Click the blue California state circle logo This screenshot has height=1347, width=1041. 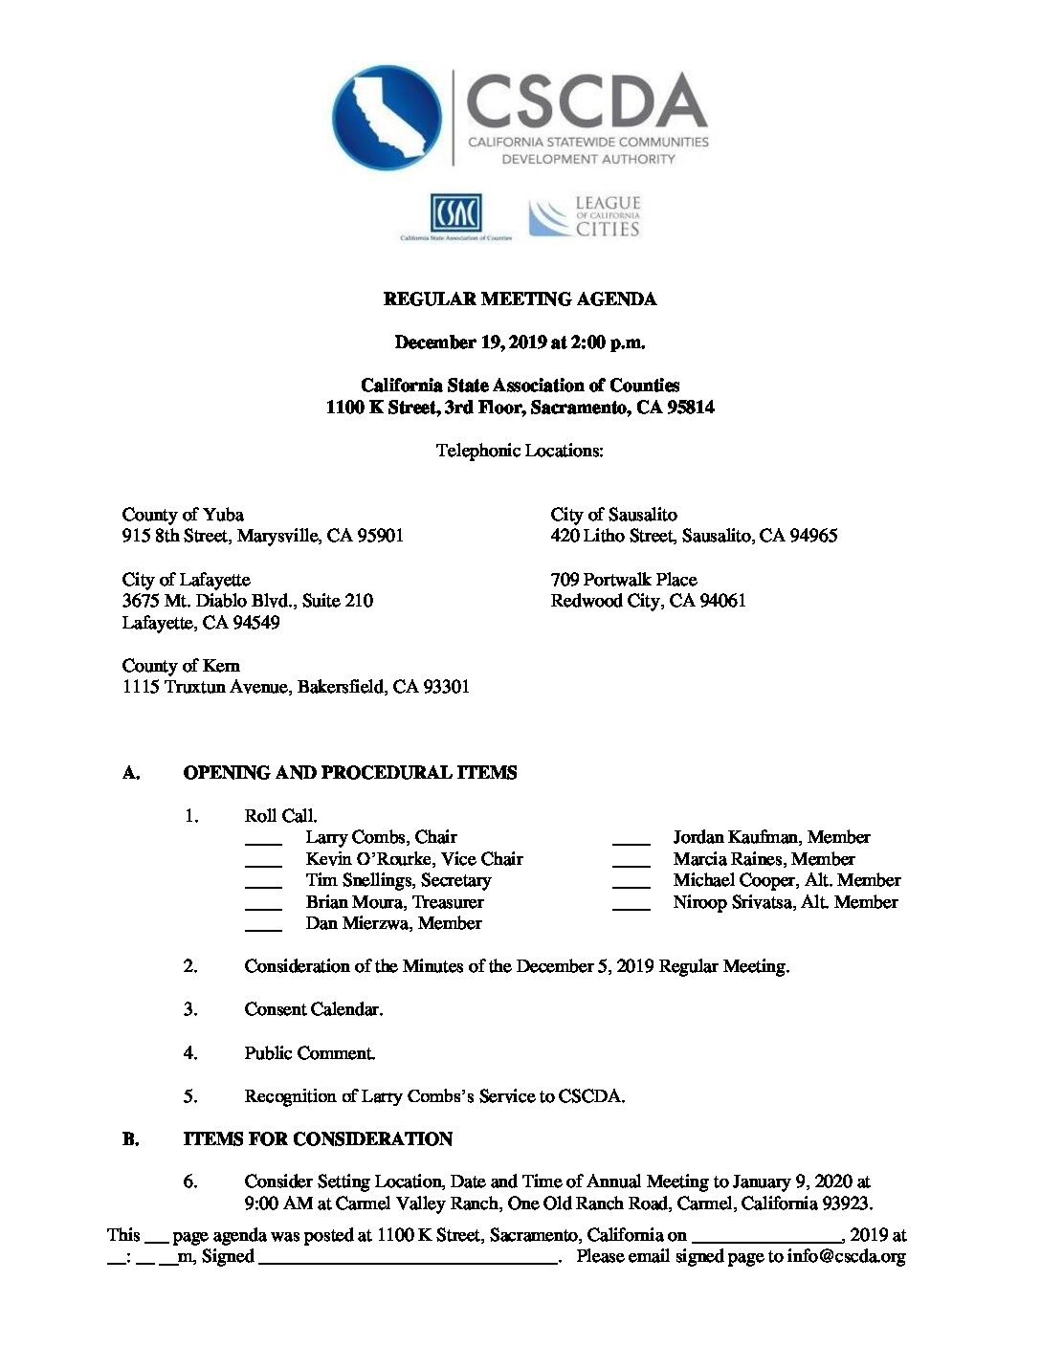pyautogui.click(x=387, y=118)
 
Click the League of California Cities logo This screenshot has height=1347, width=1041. pyautogui.click(x=585, y=217)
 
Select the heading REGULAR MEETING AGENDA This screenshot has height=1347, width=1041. pyautogui.click(x=520, y=299)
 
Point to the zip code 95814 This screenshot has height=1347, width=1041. pyautogui.click(x=689, y=408)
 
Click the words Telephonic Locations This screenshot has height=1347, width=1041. pyautogui.click(x=520, y=451)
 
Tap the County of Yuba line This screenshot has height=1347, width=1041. pyautogui.click(x=183, y=515)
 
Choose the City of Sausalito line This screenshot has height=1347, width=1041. pyautogui.click(x=613, y=515)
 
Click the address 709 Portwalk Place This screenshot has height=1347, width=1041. pyautogui.click(x=624, y=580)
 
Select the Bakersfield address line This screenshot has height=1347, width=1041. pyautogui.click(x=296, y=687)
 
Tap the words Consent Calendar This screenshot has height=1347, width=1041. pyautogui.click(x=313, y=1009)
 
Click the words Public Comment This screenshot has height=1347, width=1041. pyautogui.click(x=309, y=1053)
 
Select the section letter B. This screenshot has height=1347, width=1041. pyautogui.click(x=130, y=1139)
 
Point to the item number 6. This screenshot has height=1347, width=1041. pyautogui.click(x=190, y=1181)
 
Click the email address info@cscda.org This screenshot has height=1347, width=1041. pyautogui.click(x=846, y=1257)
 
